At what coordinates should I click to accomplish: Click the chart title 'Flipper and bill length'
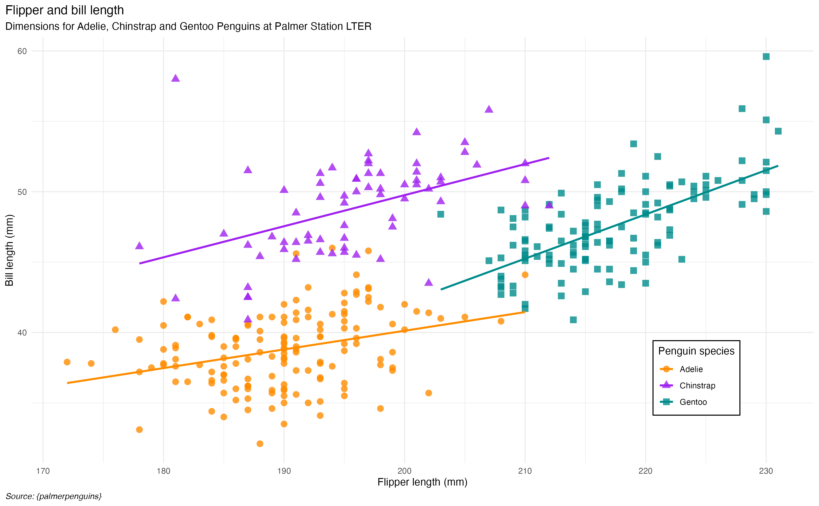[x=65, y=10]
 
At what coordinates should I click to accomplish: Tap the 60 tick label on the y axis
[x=22, y=51]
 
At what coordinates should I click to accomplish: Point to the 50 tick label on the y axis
[x=22, y=192]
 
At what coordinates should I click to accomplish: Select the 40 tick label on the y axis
[x=22, y=333]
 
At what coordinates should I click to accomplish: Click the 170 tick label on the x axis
[x=43, y=471]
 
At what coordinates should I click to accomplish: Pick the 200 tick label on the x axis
[x=404, y=471]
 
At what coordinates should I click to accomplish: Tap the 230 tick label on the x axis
[x=766, y=471]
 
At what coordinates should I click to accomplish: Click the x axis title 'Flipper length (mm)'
[x=422, y=482]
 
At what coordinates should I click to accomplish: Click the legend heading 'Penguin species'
[x=696, y=351]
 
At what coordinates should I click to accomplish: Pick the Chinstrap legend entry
[x=697, y=385]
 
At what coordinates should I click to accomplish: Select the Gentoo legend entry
[x=693, y=402]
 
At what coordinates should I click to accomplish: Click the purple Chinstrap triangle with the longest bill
[x=176, y=78]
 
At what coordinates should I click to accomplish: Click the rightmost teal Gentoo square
[x=778, y=131]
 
